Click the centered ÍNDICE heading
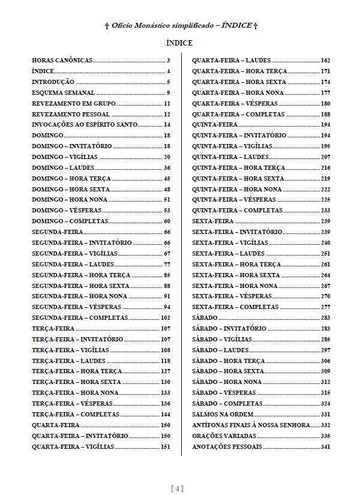(x=179, y=43)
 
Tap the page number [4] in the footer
(x=178, y=488)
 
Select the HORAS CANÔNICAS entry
(x=62, y=61)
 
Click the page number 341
(x=326, y=446)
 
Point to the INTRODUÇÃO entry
(x=53, y=82)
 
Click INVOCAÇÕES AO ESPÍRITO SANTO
(x=85, y=125)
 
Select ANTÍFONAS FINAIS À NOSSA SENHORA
(x=251, y=425)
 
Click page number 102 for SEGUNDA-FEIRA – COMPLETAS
(x=166, y=317)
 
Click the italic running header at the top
(x=181, y=26)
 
